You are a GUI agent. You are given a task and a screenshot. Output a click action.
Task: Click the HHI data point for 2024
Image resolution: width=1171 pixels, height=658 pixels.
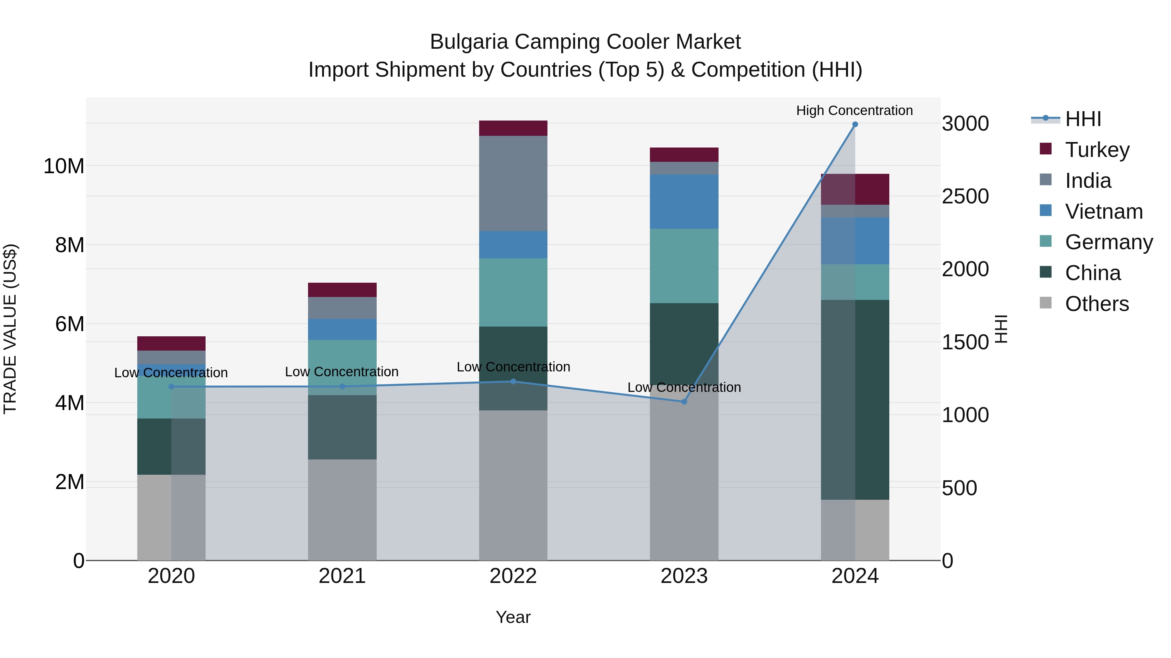(855, 124)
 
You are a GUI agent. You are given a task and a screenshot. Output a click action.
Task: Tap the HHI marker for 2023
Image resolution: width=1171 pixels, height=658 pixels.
(684, 401)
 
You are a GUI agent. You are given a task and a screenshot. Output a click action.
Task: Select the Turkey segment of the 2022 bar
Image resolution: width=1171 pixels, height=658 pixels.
(513, 128)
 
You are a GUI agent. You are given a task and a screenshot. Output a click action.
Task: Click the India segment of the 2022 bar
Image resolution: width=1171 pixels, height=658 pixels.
(513, 184)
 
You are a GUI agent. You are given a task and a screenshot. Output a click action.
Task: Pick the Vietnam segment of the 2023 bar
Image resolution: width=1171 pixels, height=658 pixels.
(684, 201)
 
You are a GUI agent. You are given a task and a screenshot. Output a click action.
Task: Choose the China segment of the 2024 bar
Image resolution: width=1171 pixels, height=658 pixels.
(855, 400)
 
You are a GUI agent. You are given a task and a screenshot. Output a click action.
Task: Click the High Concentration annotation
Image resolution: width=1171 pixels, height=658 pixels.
(854, 110)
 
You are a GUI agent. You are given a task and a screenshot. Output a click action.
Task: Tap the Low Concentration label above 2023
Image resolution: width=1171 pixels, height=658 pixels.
(684, 387)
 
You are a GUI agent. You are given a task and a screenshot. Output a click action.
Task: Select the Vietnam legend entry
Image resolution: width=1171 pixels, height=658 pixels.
(1103, 212)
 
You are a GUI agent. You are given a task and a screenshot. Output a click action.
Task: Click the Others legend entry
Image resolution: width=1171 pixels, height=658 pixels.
(1097, 304)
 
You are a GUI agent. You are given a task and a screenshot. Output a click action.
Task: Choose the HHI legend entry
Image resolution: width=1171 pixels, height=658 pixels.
(1083, 119)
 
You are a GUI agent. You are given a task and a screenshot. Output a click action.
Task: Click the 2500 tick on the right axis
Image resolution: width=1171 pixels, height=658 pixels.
(965, 196)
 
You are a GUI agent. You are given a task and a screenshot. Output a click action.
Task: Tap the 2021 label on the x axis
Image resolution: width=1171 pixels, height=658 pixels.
(342, 576)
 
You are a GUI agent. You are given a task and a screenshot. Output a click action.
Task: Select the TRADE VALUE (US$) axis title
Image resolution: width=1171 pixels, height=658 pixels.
(10, 329)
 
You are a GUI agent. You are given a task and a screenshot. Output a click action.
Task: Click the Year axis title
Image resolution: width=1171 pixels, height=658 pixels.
(513, 617)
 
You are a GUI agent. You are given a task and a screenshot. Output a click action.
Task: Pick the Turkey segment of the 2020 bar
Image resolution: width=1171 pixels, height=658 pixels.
(171, 343)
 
